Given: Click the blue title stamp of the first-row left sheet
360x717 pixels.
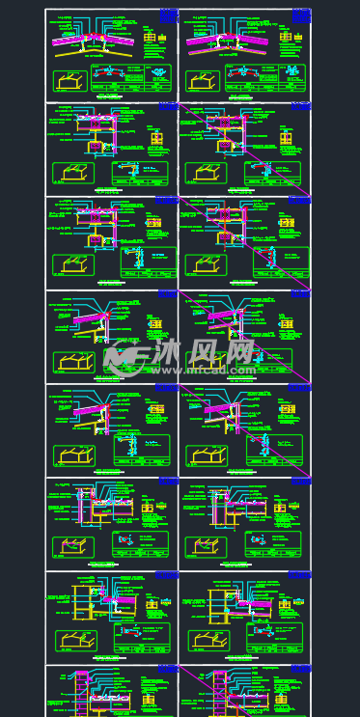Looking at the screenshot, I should (x=169, y=15).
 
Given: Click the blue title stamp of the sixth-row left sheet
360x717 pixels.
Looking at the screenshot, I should (x=169, y=480).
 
